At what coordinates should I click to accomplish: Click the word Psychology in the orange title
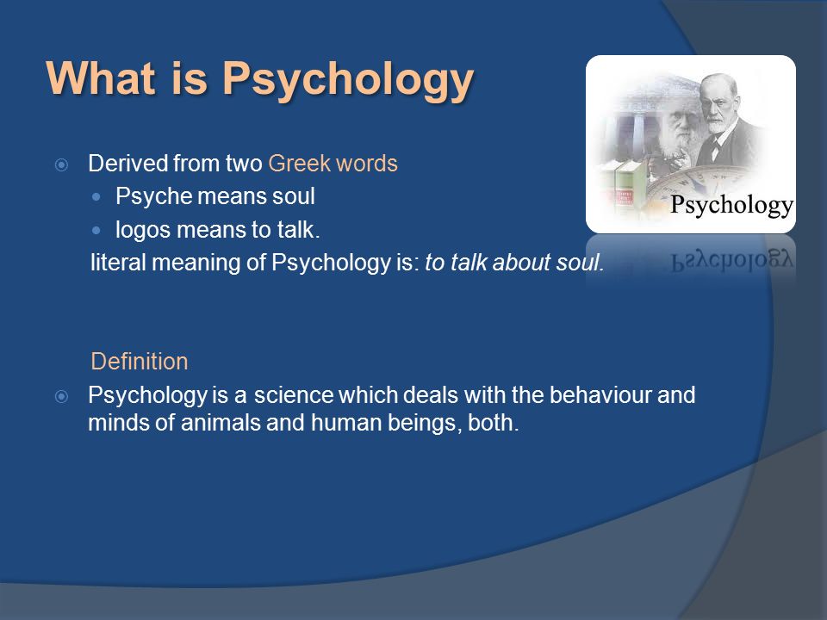[348, 79]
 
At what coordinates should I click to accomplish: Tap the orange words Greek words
[333, 164]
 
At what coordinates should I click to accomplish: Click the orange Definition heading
[140, 362]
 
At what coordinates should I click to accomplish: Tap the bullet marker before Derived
[62, 165]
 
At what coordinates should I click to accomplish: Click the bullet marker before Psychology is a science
[62, 396]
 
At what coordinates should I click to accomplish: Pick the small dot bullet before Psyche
[96, 197]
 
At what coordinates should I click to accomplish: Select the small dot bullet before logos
[96, 231]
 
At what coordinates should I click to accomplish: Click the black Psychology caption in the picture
[731, 206]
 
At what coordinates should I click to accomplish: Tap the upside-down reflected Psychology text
[732, 260]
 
